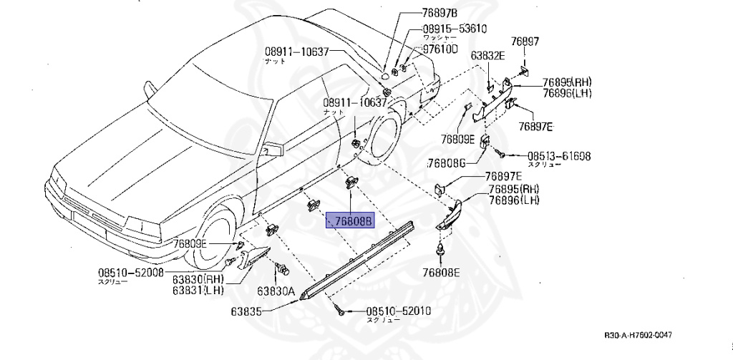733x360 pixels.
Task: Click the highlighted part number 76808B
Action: click(x=350, y=221)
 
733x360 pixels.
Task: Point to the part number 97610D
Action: click(x=439, y=49)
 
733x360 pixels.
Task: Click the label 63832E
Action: click(x=487, y=55)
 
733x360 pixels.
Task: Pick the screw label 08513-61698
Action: click(x=559, y=155)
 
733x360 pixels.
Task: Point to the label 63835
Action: click(x=246, y=311)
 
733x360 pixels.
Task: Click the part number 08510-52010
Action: click(x=399, y=311)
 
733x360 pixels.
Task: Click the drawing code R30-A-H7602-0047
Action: click(x=638, y=336)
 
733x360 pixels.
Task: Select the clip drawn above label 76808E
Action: click(x=440, y=252)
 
